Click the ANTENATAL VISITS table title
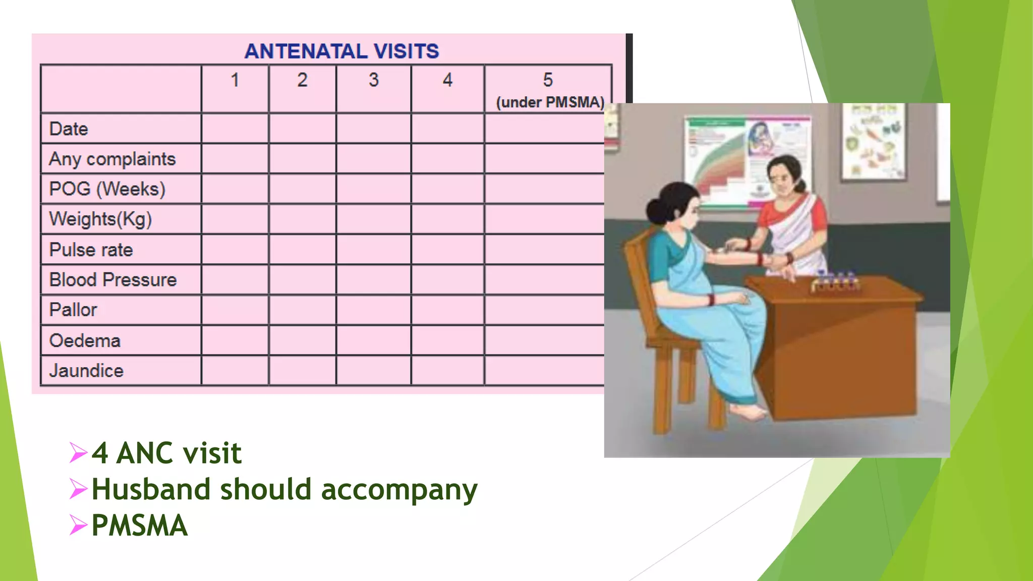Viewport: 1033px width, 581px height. click(x=341, y=51)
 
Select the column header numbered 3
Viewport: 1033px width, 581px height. click(x=373, y=80)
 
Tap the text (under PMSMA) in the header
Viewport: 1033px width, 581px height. click(x=550, y=102)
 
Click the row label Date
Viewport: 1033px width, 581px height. click(x=69, y=129)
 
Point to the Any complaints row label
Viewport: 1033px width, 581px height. click(x=112, y=159)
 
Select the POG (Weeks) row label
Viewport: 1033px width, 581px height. click(x=107, y=189)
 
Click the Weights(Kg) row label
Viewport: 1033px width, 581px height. click(x=100, y=219)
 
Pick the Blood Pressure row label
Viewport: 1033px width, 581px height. click(x=113, y=280)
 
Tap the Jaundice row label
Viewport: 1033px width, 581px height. click(x=86, y=371)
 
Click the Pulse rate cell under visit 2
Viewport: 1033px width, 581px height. click(x=302, y=249)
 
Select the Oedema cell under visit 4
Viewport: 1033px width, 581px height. click(x=447, y=340)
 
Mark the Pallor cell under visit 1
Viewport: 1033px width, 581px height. click(x=235, y=310)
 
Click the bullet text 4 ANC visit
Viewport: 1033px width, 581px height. click(x=166, y=452)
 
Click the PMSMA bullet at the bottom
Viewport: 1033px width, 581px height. click(x=140, y=526)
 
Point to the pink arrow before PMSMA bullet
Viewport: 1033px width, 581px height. click(x=78, y=525)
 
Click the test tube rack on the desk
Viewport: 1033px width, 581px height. click(x=835, y=283)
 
